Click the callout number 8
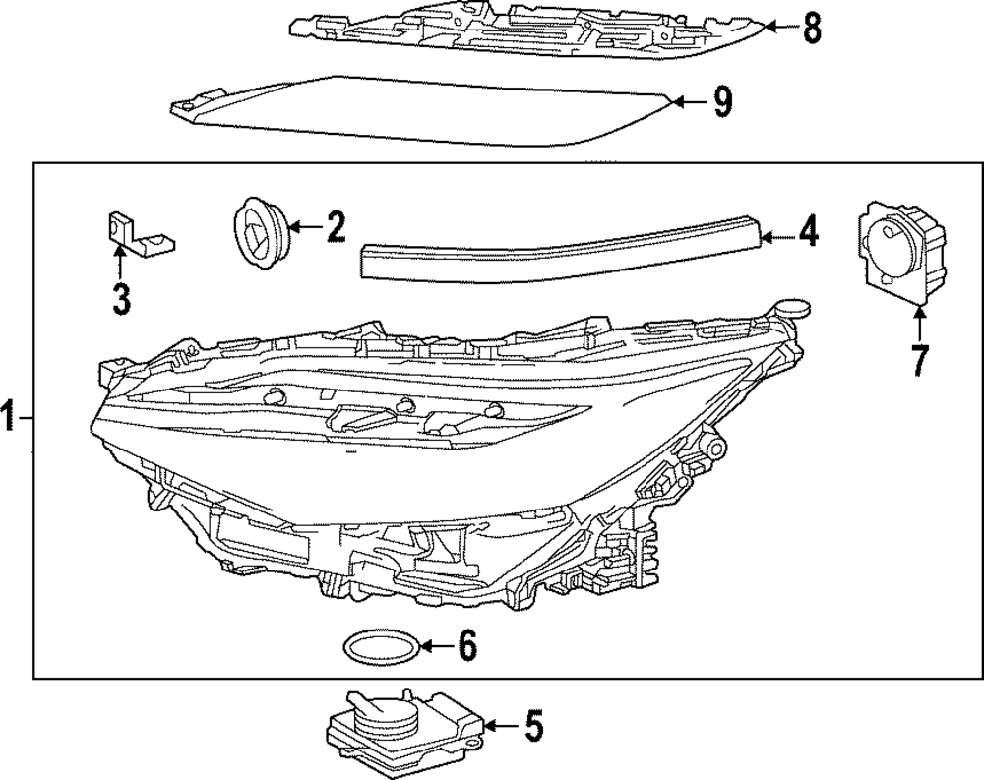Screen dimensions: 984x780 tap(812, 28)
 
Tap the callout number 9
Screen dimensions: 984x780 tap(723, 102)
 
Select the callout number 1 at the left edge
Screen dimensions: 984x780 tap(7, 417)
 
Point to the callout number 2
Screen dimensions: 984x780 tap(336, 226)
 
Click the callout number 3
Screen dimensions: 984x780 tap(121, 299)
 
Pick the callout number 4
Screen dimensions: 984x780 tap(808, 231)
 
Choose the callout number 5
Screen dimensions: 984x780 tap(532, 726)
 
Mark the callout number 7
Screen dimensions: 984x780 tap(919, 360)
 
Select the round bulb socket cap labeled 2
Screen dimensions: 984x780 tap(260, 232)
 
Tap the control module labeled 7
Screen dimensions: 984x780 tap(901, 251)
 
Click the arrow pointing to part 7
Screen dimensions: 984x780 tap(919, 322)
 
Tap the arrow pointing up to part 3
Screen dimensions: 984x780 tap(119, 263)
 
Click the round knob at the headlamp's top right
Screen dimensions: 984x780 tap(791, 308)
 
